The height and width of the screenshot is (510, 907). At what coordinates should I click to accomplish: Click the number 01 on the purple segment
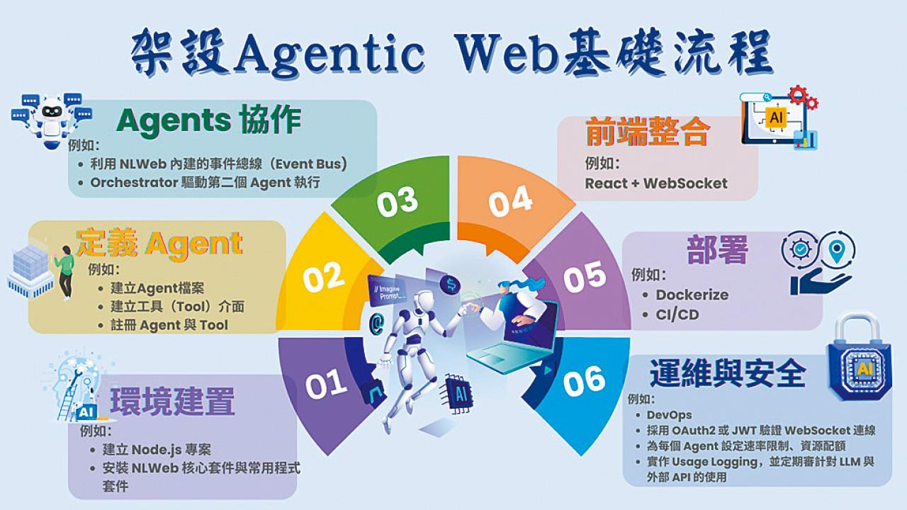tap(326, 384)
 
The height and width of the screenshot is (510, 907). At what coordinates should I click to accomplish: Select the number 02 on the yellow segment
tap(324, 277)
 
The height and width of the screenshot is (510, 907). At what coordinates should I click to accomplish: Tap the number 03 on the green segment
tap(397, 201)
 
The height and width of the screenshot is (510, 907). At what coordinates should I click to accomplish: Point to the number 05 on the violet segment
tap(585, 277)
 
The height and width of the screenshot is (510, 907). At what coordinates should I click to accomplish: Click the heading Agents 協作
tap(208, 120)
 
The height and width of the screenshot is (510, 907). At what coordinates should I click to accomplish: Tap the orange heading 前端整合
tap(648, 131)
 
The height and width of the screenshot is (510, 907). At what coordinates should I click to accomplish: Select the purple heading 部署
tap(718, 249)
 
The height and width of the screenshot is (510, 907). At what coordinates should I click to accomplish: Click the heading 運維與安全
tap(728, 373)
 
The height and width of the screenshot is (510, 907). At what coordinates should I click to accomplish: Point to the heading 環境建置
tap(172, 401)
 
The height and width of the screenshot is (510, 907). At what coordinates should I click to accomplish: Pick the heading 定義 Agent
tap(159, 244)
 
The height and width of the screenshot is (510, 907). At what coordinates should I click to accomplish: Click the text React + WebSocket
tap(656, 183)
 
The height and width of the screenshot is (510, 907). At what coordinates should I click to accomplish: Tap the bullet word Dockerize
tap(692, 295)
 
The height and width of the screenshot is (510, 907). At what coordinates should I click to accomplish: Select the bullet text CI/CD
tap(677, 314)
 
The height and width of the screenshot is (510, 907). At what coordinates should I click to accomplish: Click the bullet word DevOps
tap(669, 415)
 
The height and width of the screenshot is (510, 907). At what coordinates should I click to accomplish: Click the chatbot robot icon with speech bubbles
tap(52, 120)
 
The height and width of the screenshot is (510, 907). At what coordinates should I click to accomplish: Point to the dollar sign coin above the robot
tap(451, 285)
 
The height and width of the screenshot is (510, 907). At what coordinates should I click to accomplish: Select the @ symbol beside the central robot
tap(376, 324)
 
